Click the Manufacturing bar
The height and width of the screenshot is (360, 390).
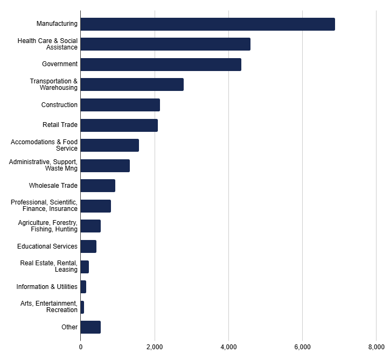(x=207, y=24)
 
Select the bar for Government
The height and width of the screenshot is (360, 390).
(x=161, y=65)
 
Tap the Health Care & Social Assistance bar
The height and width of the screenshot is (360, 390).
(x=165, y=44)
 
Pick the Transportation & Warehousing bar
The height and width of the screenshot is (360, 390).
(x=132, y=84)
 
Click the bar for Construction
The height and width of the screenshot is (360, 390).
(x=120, y=105)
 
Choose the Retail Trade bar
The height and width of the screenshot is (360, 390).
(x=119, y=125)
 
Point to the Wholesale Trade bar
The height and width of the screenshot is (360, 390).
(x=97, y=186)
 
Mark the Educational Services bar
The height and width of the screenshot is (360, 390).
(x=88, y=246)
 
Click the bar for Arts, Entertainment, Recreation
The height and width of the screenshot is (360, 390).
(x=82, y=307)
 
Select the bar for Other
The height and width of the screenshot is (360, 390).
(x=90, y=327)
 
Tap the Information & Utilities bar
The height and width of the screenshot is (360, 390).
(x=83, y=287)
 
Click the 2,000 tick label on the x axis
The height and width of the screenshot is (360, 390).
(x=155, y=347)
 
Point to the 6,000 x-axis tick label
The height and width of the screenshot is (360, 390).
(x=302, y=347)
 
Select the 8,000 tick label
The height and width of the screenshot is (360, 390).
(x=376, y=347)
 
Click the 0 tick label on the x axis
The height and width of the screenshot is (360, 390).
(x=81, y=347)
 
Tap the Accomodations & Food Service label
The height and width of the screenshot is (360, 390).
(x=44, y=145)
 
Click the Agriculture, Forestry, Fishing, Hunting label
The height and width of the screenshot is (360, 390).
(x=48, y=226)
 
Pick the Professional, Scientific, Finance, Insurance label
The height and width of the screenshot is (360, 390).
(x=44, y=206)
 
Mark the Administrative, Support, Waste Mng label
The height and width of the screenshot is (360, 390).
(x=43, y=165)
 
